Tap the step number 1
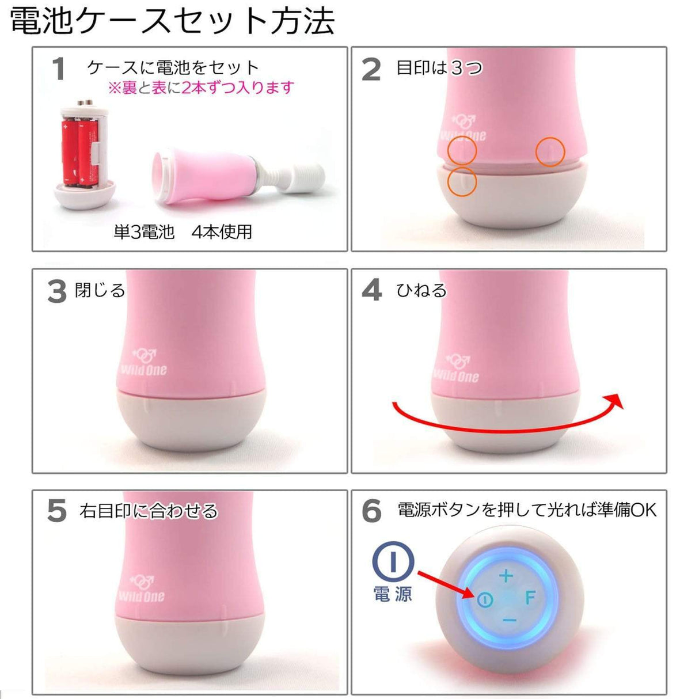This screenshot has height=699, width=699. point(58,69)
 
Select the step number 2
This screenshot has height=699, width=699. point(371,70)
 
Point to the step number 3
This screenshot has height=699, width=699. point(56,291)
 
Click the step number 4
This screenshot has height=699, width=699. point(371,290)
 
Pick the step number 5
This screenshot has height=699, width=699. point(56,511)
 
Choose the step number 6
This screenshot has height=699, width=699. point(372,511)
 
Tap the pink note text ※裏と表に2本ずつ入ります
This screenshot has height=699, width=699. point(201,88)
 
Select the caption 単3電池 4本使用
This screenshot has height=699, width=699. point(183,232)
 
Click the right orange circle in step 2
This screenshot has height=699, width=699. point(550,152)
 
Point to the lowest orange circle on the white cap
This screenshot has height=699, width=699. point(462,182)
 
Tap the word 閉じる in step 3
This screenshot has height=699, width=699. point(100,290)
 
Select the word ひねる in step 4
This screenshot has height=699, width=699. point(421,290)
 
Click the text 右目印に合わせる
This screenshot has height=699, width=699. point(149,511)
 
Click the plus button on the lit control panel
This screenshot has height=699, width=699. point(506,575)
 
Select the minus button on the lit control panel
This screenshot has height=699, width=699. point(509,620)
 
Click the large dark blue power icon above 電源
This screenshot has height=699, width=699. point(393,561)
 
